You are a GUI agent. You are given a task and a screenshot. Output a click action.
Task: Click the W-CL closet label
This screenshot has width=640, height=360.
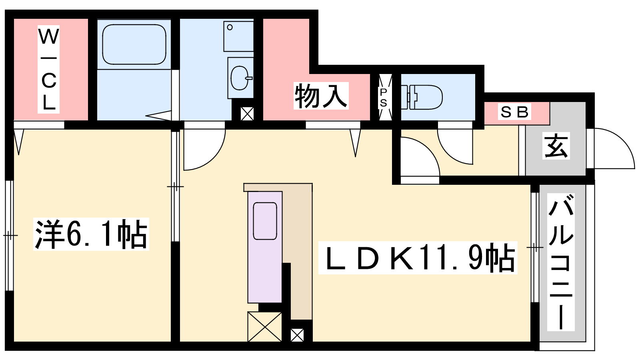pyautogui.click(x=48, y=70)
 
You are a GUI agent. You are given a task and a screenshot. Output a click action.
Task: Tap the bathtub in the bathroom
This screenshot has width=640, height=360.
pyautogui.click(x=134, y=44)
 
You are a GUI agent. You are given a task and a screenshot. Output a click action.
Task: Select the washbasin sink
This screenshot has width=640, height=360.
pyautogui.click(x=240, y=78)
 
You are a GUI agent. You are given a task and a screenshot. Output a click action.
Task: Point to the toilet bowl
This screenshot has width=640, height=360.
pyautogui.click(x=422, y=97)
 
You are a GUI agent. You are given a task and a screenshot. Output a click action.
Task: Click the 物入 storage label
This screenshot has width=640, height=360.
pyautogui.click(x=321, y=96)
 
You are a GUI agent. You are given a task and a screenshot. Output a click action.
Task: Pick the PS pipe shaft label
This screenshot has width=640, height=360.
pyautogui.click(x=384, y=98)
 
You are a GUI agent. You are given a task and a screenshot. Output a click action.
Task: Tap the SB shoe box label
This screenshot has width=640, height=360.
pyautogui.click(x=514, y=112)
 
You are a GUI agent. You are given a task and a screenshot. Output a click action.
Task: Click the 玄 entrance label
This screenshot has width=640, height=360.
pyautogui.click(x=556, y=146)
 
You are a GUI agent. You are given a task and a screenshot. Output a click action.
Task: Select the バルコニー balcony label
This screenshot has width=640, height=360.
pyautogui.click(x=560, y=262)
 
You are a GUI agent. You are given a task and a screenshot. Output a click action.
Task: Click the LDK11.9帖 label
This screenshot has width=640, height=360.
pyautogui.click(x=418, y=258)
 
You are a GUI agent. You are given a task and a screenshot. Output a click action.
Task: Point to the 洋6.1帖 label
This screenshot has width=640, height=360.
pyautogui.click(x=91, y=234)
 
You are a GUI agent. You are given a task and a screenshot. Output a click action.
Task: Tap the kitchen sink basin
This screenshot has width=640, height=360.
pyautogui.click(x=265, y=221)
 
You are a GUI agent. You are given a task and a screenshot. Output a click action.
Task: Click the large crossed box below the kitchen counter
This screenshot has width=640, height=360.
pyautogui.click(x=265, y=326)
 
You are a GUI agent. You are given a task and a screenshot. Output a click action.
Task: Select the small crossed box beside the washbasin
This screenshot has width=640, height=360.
pyautogui.click(x=247, y=114)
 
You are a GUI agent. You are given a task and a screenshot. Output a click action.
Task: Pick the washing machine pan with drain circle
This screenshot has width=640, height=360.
pyautogui.click(x=238, y=36)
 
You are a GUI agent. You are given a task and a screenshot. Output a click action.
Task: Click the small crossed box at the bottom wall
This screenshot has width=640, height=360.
pyautogui.click(x=297, y=335)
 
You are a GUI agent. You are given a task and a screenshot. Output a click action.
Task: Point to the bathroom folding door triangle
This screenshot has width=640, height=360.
pyautogui.click(x=158, y=116)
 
